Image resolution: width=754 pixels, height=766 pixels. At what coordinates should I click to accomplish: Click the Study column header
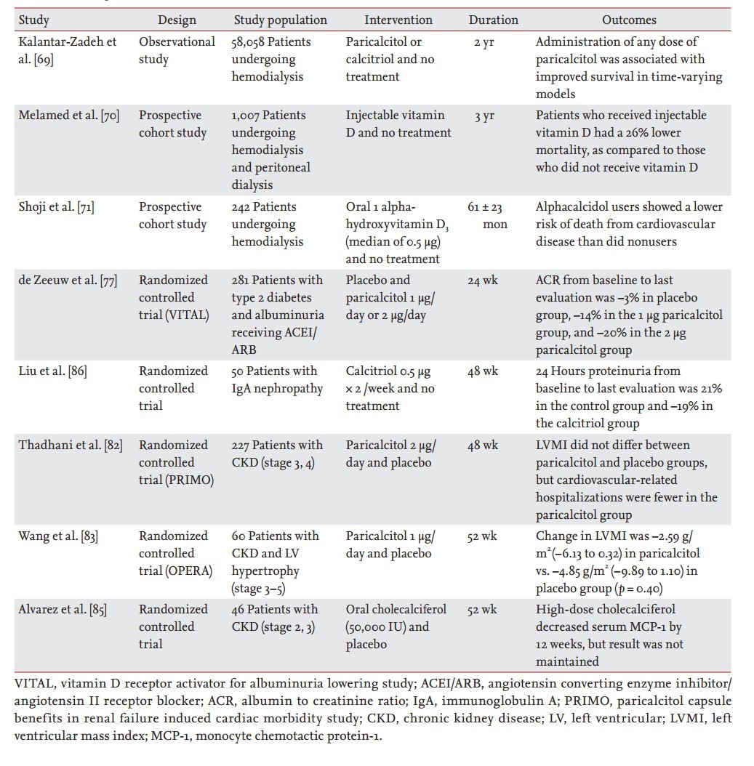click(33, 20)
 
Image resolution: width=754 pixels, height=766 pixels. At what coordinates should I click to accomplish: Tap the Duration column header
click(493, 20)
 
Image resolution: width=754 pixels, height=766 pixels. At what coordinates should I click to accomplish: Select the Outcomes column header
click(629, 20)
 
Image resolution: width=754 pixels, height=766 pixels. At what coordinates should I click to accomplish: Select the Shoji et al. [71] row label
click(56, 206)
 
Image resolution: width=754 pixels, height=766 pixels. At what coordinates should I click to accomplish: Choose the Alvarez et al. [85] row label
click(63, 609)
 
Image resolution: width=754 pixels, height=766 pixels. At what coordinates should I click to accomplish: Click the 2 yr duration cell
click(484, 42)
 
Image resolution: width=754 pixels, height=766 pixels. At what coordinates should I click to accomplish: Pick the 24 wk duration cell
click(484, 280)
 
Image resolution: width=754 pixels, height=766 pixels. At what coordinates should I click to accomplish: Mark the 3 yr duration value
click(484, 116)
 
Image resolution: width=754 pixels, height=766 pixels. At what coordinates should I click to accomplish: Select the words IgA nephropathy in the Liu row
click(277, 388)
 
